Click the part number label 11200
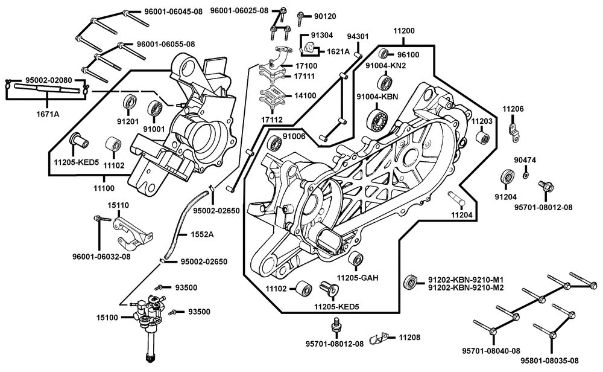(403, 30)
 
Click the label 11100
(103, 189)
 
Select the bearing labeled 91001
(158, 109)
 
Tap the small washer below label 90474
(526, 175)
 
